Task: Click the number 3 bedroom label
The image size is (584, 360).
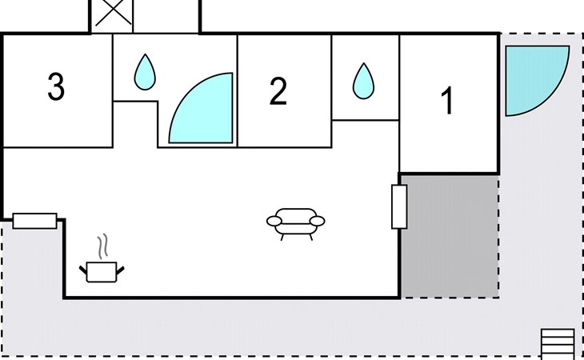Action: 56,86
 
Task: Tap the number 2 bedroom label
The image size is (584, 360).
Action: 278,91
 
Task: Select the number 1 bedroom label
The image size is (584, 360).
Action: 446,100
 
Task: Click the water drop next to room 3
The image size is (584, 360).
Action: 145,72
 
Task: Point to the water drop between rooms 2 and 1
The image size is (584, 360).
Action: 363,81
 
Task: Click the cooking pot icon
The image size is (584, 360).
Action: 102,272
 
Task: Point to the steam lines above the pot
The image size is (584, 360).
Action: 102,246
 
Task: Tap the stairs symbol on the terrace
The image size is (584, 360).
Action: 558,343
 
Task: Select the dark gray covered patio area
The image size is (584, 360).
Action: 450,237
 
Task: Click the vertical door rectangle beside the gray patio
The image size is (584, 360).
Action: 399,206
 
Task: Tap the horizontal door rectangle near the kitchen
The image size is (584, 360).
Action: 34,221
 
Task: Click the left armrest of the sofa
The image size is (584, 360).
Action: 274,221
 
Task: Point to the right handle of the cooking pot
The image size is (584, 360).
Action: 120,270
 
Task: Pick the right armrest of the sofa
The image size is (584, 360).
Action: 318,221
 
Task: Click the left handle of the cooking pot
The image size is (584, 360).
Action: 83,270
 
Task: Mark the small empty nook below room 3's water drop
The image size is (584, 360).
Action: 135,124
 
